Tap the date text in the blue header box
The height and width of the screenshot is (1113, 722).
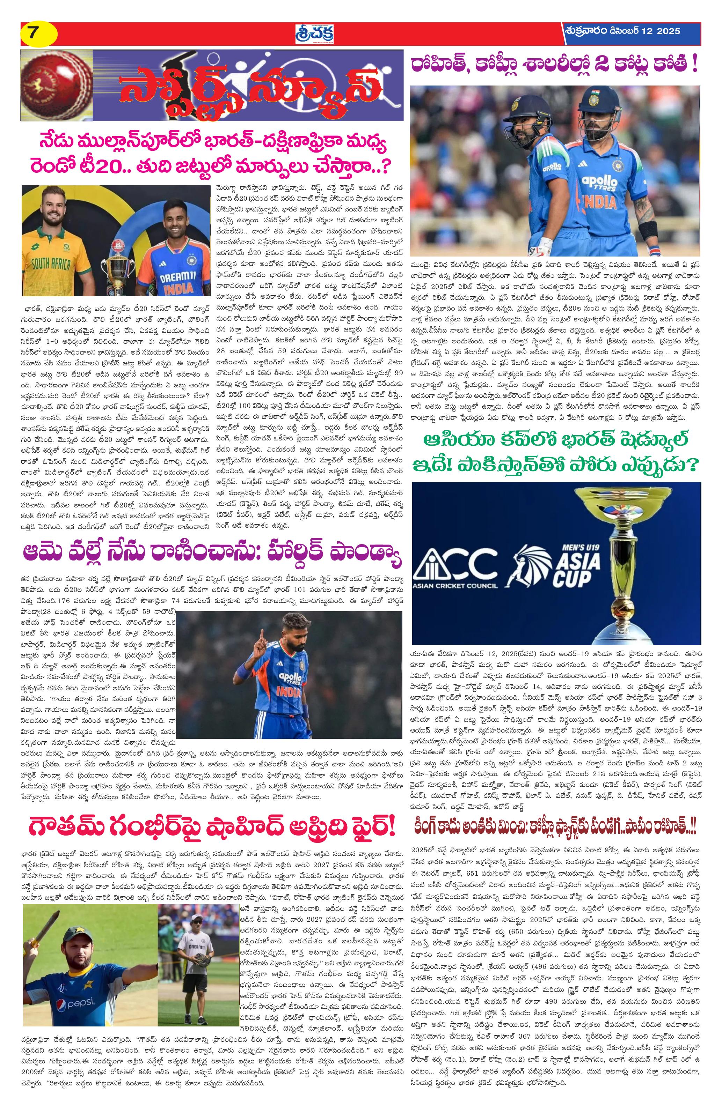coord(622,31)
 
